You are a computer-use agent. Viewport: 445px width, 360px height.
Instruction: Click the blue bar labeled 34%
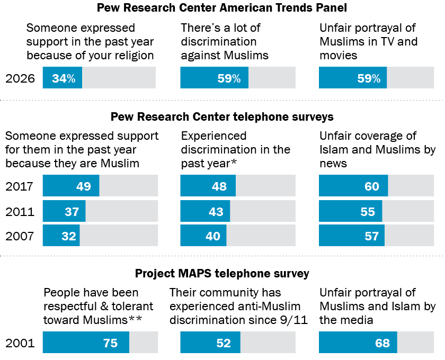[63, 78]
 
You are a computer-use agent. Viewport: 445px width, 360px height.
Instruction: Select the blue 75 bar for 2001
[86, 343]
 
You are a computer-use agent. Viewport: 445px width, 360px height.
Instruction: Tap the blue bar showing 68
[358, 343]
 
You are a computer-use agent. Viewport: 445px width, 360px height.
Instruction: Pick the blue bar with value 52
[210, 343]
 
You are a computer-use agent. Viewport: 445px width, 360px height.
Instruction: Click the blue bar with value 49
[71, 185]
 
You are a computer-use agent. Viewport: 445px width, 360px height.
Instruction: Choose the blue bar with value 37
[64, 211]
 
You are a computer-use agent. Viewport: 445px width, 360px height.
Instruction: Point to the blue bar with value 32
[61, 236]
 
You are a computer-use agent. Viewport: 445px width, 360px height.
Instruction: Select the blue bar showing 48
[208, 185]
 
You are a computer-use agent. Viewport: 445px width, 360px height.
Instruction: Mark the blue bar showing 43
[205, 211]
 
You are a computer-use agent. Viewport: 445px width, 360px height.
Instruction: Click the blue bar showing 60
[353, 185]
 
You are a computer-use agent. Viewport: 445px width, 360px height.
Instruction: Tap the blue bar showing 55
[351, 211]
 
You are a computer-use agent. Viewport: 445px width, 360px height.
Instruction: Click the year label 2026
[20, 78]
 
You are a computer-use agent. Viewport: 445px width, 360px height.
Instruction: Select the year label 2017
[19, 186]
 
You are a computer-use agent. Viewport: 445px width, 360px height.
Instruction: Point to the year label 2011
[20, 212]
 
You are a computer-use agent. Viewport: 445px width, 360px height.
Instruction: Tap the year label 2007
[20, 236]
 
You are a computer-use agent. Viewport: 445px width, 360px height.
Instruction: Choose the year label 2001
[20, 343]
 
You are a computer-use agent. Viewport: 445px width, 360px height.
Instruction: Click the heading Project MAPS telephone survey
[222, 274]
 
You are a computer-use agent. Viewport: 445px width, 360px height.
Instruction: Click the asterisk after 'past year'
[234, 161]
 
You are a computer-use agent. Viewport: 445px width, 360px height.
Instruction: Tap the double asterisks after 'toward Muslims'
[135, 318]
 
